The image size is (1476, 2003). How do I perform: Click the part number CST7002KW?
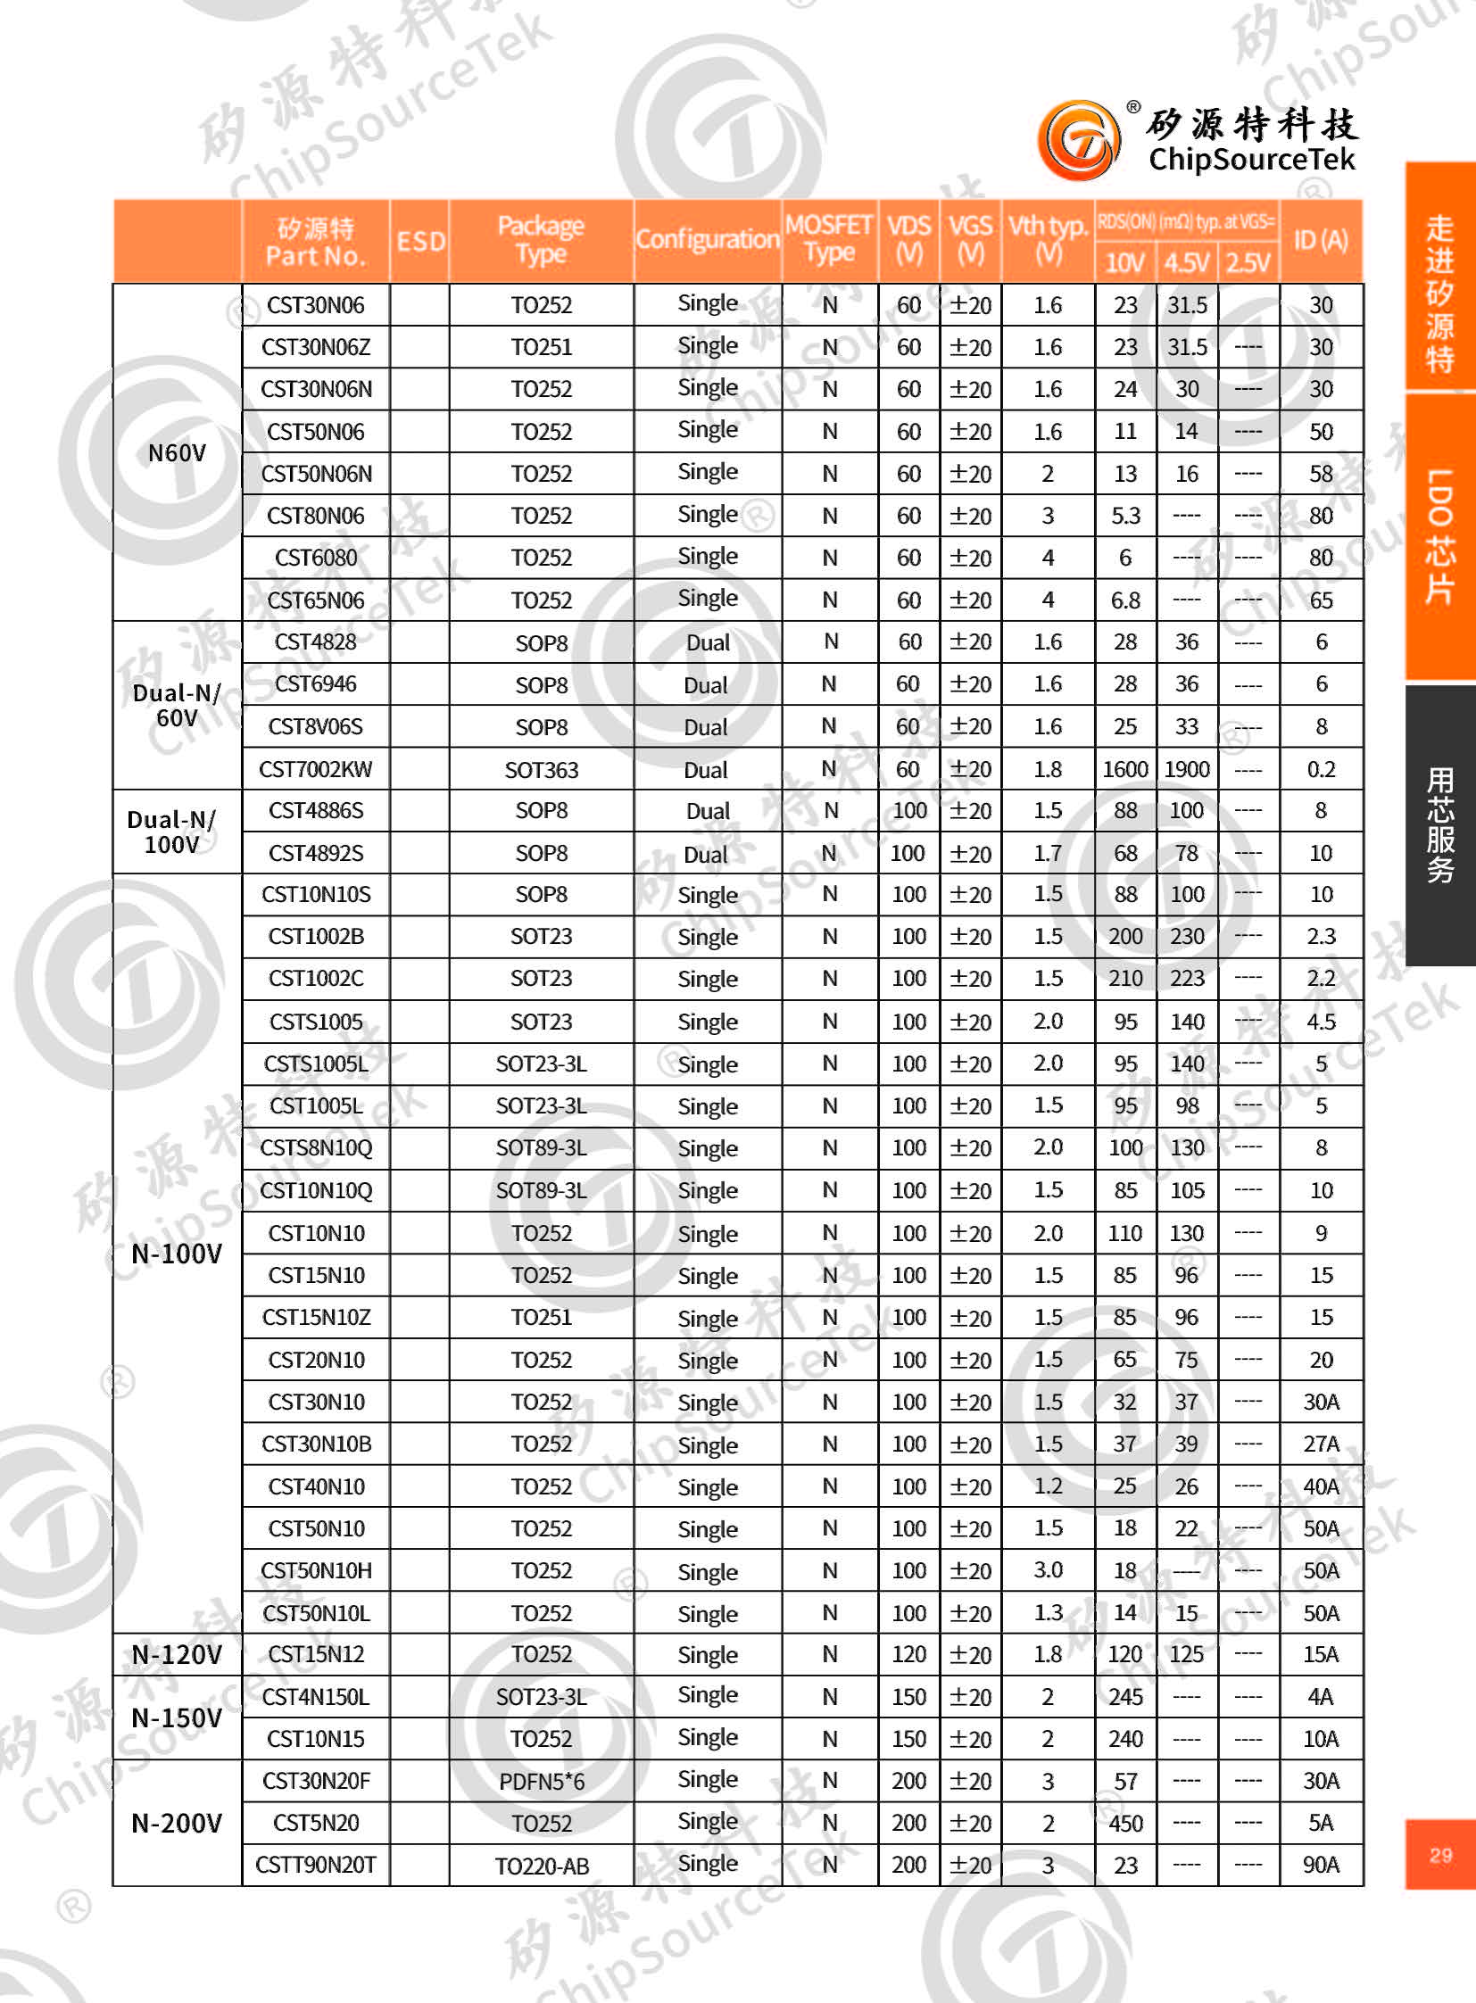click(x=315, y=769)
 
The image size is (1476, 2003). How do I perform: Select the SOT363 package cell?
click(x=542, y=769)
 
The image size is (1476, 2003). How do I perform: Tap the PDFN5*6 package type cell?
click(x=542, y=1782)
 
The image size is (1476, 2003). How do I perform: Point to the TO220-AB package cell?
click(x=542, y=1866)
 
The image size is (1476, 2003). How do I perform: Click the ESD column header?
click(x=420, y=241)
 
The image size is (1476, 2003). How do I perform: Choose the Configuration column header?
click(x=708, y=239)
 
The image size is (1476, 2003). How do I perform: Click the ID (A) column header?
click(x=1321, y=239)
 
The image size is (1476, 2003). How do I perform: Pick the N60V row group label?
click(x=177, y=453)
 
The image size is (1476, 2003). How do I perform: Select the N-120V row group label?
click(x=177, y=1654)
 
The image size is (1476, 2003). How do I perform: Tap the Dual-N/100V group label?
click(x=171, y=832)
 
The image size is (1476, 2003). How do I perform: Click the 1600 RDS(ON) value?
click(x=1125, y=769)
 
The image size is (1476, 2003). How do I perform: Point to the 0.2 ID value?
click(x=1321, y=769)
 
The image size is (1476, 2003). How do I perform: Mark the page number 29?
click(x=1440, y=1855)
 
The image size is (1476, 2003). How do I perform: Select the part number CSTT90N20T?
click(x=315, y=1866)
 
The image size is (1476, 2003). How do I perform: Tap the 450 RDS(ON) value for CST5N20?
click(x=1125, y=1824)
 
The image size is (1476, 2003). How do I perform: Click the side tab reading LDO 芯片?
click(x=1440, y=536)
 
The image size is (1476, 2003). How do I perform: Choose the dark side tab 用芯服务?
click(x=1440, y=824)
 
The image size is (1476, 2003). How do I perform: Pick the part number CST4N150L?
click(x=315, y=1697)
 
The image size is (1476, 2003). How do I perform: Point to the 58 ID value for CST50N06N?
click(x=1321, y=474)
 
